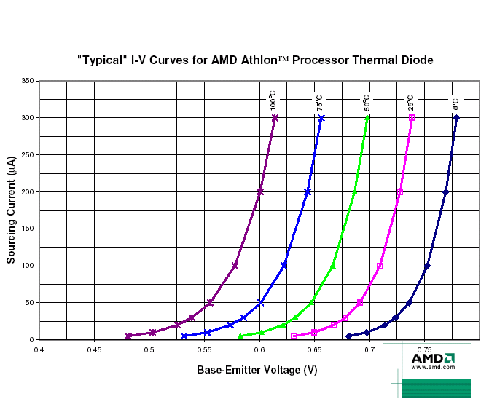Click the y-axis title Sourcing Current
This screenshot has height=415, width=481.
[x=12, y=210]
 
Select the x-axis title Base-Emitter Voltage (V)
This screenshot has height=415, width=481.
[x=257, y=370]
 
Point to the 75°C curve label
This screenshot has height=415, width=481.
[x=320, y=101]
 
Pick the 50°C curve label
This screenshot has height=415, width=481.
[x=367, y=101]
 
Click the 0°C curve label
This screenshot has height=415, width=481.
[x=455, y=103]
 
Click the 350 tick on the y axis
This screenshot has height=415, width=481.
[x=28, y=81]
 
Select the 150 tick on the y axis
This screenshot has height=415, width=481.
[x=28, y=229]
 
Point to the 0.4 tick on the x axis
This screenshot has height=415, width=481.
[x=39, y=349]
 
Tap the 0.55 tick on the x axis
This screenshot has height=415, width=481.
[x=204, y=349]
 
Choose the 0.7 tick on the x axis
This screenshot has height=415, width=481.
[x=369, y=349]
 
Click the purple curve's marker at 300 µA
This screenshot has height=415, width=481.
[x=275, y=117]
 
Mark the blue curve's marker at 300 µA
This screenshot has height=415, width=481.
[x=321, y=117]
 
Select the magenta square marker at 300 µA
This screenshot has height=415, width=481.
[x=412, y=117]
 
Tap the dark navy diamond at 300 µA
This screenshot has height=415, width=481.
[x=456, y=117]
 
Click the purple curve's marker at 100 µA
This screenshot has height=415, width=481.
[x=235, y=266]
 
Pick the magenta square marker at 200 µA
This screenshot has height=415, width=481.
[x=400, y=191]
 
